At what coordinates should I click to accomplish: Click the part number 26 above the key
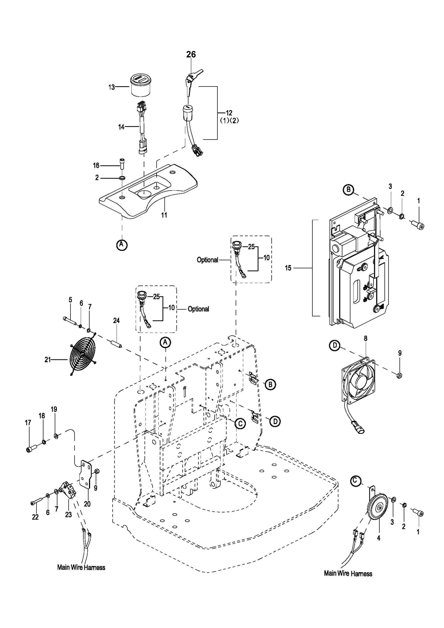click(191, 54)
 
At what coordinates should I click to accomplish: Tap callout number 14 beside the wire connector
click(121, 127)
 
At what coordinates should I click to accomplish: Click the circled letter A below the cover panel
click(122, 245)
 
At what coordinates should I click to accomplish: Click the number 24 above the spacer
click(116, 321)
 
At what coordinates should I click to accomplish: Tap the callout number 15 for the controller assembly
click(288, 268)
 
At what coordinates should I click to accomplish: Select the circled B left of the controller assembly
click(348, 189)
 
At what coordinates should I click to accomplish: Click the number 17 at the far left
click(28, 423)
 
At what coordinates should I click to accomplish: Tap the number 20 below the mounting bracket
click(87, 504)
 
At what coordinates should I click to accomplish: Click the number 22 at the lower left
click(35, 517)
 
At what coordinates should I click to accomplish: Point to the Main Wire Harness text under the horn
click(348, 573)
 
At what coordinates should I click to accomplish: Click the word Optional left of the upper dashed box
click(207, 260)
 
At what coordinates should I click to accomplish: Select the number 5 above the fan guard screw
click(70, 300)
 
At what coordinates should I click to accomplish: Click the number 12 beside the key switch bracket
click(229, 113)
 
